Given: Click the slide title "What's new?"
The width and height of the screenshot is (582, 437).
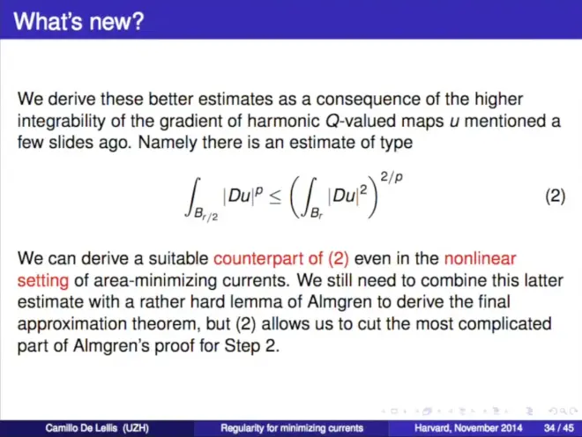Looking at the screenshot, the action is coord(78,21).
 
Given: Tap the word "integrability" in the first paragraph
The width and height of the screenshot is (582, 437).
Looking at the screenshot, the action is coord(61,122).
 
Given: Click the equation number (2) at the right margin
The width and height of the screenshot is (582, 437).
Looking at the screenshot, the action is coord(556,196).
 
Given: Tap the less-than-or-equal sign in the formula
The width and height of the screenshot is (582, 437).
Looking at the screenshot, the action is coord(275,198).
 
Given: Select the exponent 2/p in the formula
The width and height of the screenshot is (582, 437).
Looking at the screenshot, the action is coord(392,177).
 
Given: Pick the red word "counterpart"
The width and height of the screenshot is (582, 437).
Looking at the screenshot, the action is coord(258,259).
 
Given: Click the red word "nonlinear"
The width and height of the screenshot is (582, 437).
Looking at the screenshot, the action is coord(480,258).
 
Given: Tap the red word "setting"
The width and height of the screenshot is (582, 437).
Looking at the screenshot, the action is coord(42,281).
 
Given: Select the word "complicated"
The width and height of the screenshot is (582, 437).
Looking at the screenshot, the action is coord(504,324).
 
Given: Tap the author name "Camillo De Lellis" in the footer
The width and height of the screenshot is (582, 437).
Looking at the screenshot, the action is coord(81,428).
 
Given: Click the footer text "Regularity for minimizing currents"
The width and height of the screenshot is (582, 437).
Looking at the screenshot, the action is coord(292,428).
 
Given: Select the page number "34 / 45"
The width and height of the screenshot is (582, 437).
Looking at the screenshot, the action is coord(558,428).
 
